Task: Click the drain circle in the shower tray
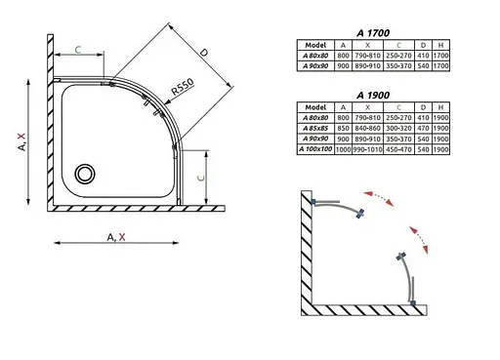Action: pyautogui.click(x=85, y=173)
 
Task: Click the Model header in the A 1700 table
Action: pyautogui.click(x=314, y=44)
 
